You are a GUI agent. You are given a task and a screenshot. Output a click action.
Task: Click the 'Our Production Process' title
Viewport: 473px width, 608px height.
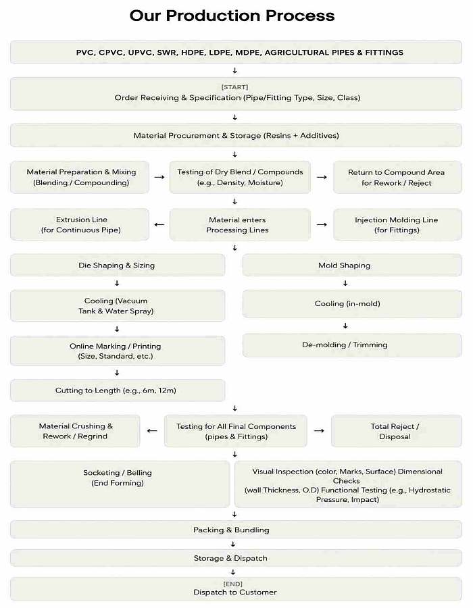232,16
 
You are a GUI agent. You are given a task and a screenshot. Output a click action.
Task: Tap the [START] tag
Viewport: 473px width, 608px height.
234,87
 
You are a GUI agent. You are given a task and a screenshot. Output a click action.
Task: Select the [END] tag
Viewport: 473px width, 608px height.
232,584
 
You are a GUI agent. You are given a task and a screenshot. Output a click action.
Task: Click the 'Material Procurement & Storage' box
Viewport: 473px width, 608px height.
236,135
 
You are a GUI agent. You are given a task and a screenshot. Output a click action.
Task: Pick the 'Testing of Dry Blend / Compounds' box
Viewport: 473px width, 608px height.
240,177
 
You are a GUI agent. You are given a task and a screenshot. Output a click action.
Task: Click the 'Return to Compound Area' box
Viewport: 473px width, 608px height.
397,177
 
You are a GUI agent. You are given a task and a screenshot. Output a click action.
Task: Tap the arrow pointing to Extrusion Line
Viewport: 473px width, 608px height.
159,224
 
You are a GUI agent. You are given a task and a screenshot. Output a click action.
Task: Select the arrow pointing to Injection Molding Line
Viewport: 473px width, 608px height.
322,224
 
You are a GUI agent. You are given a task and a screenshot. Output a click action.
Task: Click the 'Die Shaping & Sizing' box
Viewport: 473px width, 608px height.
118,265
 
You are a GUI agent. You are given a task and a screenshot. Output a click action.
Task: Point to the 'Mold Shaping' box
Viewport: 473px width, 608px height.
352,265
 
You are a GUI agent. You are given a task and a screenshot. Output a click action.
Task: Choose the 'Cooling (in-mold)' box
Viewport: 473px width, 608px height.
352,303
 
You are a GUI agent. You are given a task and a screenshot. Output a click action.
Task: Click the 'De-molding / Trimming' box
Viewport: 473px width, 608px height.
352,345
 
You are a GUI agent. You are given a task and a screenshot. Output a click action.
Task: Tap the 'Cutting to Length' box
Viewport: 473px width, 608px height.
118,390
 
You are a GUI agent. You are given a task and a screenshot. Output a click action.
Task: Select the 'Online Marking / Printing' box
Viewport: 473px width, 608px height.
118,351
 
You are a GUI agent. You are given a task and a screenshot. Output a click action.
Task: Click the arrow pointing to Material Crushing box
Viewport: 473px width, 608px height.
152,431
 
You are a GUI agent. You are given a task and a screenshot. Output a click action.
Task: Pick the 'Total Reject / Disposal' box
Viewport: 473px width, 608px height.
396,431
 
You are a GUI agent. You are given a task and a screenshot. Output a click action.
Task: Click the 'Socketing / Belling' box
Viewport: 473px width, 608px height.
120,484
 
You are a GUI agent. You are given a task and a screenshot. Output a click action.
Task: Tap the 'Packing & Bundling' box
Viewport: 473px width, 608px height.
236,530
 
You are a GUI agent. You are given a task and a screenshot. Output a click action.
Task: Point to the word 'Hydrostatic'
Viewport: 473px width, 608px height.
430,490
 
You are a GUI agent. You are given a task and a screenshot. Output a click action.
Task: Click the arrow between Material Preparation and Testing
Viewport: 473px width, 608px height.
159,177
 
